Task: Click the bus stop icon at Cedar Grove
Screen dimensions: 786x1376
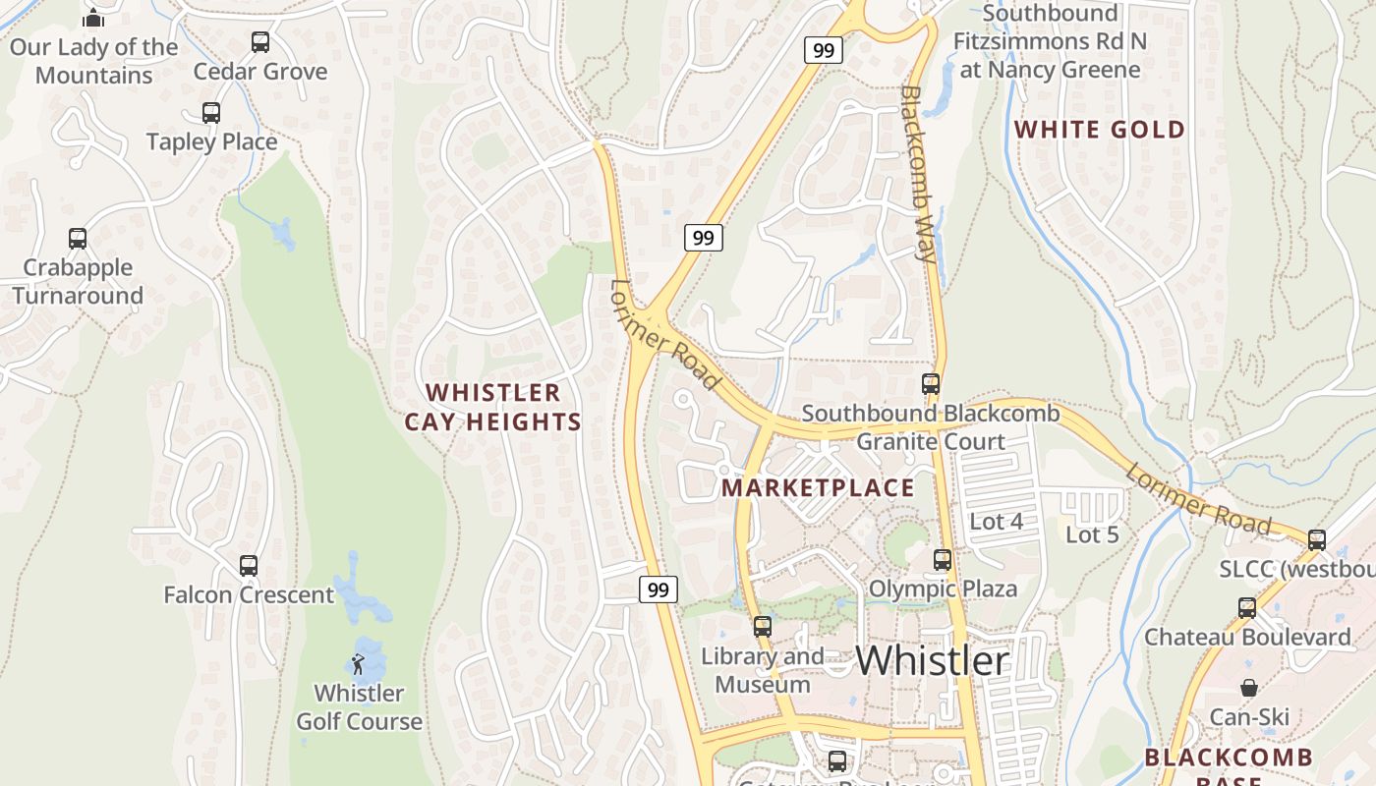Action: tap(259, 42)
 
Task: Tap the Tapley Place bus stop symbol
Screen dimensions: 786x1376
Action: tap(211, 113)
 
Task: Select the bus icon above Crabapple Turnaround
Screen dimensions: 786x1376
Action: tap(78, 239)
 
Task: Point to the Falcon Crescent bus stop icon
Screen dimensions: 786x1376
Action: tap(249, 566)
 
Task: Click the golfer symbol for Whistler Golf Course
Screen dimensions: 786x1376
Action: tap(358, 664)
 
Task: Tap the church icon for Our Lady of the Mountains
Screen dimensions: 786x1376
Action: tap(93, 18)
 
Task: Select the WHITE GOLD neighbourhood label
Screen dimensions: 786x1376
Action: tap(1100, 130)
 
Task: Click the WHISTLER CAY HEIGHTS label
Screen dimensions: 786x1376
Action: tap(493, 407)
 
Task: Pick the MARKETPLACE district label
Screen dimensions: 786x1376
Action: tap(818, 488)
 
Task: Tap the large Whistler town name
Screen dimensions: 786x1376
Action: tap(933, 660)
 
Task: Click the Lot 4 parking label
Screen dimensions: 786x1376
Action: tap(997, 522)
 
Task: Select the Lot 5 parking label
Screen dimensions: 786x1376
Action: tap(1093, 534)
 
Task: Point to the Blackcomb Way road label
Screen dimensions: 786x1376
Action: tap(918, 173)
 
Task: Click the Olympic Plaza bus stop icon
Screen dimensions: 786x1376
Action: tap(943, 560)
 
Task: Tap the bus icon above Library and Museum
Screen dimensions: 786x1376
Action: tap(763, 627)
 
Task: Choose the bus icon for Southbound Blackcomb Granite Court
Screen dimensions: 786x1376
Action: tap(931, 384)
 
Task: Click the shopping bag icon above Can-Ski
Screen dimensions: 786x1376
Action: tap(1248, 688)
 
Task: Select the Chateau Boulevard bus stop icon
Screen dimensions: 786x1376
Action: tap(1247, 607)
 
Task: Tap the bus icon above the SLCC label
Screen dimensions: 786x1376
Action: tap(1317, 539)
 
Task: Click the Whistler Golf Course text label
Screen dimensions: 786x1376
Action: tap(360, 707)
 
